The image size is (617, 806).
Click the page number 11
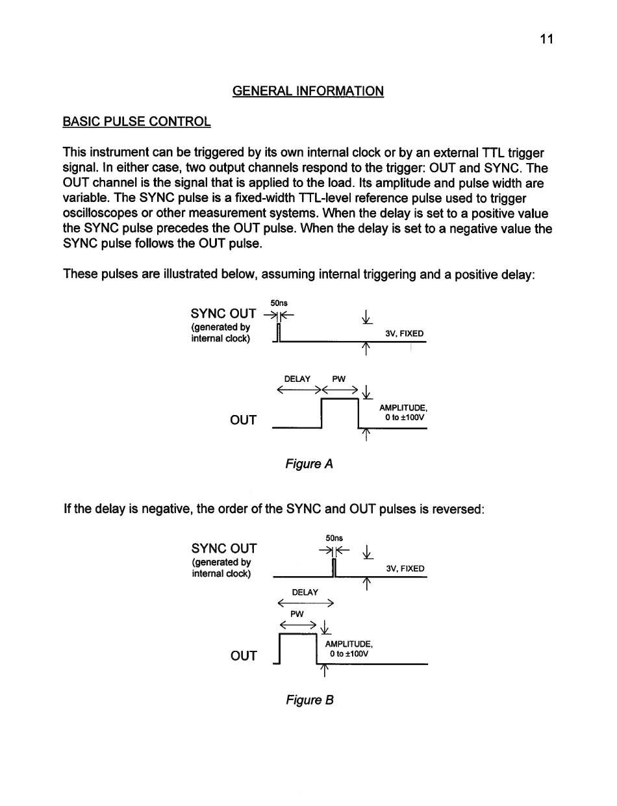pos(546,39)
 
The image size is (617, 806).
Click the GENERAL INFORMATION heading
pos(308,91)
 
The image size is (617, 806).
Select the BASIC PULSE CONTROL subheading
pos(136,121)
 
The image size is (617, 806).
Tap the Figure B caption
pos(310,699)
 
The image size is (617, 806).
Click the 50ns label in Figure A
pos(279,303)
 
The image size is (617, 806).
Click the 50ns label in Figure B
pos(334,538)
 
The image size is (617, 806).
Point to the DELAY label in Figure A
pos(297,379)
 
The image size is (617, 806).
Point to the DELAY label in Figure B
pos(305,592)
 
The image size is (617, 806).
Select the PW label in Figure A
pos(338,379)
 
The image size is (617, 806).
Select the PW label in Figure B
pos(297,613)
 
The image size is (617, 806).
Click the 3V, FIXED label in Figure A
pos(404,334)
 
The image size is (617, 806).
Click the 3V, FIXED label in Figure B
pos(405,568)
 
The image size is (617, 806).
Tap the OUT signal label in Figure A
pos(244,420)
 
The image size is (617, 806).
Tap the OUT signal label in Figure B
pos(244,655)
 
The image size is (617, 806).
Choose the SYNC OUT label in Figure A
pos(223,314)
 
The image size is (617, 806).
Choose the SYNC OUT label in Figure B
pos(224,548)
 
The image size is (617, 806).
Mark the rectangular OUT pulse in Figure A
pos(341,413)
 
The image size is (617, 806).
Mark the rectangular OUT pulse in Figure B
pos(297,649)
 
